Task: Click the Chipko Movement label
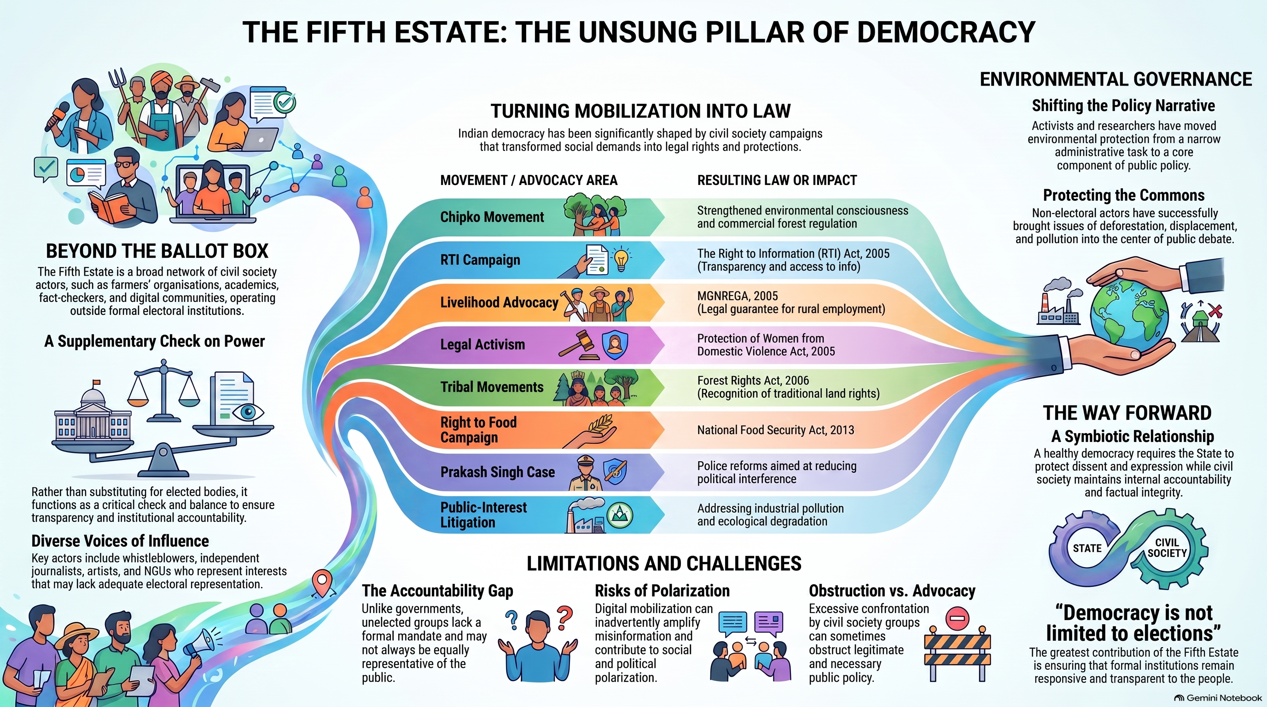tap(492, 217)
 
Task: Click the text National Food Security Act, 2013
tap(776, 430)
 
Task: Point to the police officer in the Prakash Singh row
tap(585, 472)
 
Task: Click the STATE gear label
tap(1087, 548)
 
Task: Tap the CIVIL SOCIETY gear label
tap(1167, 547)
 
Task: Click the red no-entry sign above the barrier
tap(957, 618)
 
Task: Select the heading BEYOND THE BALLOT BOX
tap(157, 251)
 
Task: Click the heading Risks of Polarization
tap(662, 591)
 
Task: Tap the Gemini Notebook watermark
tap(1218, 698)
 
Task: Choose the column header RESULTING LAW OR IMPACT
tap(777, 180)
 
